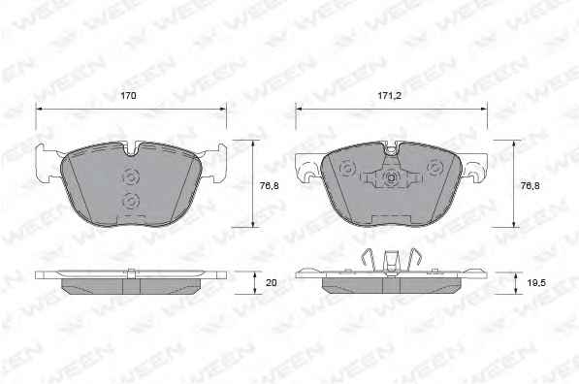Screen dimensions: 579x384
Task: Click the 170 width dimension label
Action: tap(128, 96)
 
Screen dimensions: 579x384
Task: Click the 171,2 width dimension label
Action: tap(389, 96)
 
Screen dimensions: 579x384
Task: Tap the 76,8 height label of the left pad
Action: tap(270, 186)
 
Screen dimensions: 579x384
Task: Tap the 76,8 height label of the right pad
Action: tap(530, 186)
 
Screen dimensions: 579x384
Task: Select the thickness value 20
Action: tap(272, 283)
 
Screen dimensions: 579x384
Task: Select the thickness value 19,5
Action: tap(536, 283)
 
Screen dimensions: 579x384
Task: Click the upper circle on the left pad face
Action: tap(131, 176)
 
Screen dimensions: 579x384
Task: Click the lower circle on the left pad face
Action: tap(131, 202)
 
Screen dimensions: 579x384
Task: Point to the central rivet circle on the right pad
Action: tap(391, 178)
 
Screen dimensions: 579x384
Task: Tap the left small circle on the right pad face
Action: tap(347, 168)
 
